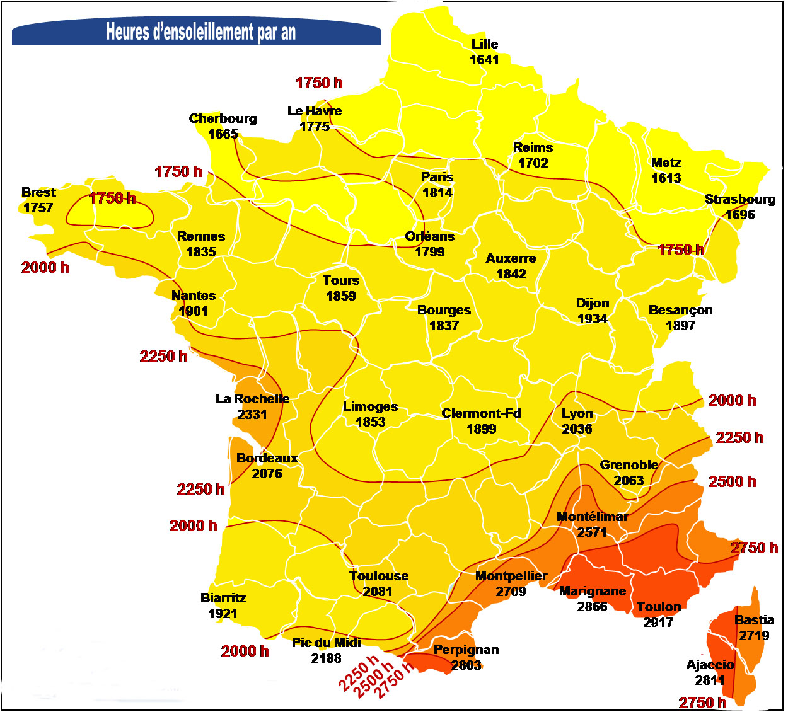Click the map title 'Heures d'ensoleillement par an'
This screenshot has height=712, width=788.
click(200, 32)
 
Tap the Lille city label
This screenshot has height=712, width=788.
click(484, 44)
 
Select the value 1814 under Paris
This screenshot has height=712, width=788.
click(437, 193)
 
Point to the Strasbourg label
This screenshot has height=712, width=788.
click(739, 199)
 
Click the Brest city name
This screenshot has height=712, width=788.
click(38, 192)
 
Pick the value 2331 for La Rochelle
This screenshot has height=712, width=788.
click(252, 415)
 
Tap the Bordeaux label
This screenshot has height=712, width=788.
click(267, 458)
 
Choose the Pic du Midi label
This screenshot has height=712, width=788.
click(326, 643)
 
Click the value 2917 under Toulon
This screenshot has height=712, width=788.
click(658, 623)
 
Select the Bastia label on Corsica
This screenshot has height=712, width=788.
click(754, 620)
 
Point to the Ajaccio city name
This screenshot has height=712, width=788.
click(710, 665)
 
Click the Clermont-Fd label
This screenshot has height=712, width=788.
click(481, 413)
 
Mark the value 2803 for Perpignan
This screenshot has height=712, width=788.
click(466, 665)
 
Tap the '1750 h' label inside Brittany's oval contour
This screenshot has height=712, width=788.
click(112, 198)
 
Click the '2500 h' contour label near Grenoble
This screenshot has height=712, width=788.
click(731, 482)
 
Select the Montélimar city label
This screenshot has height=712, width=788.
click(592, 517)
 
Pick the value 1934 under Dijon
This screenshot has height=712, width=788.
click(592, 319)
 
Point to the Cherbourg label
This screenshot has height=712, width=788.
click(223, 118)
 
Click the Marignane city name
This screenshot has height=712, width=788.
click(592, 591)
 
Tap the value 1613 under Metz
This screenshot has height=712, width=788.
click(666, 178)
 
